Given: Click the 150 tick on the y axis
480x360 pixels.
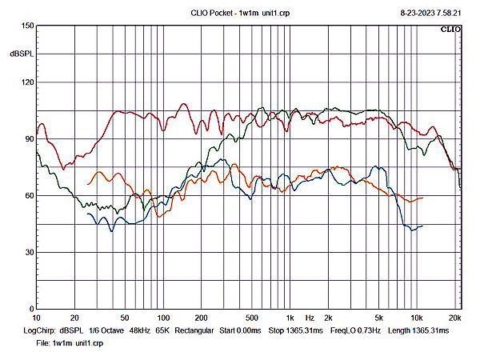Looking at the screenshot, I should [x=27, y=26].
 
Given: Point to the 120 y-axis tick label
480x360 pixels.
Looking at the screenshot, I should [x=27, y=82].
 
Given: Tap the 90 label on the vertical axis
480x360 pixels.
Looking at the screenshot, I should [x=29, y=139].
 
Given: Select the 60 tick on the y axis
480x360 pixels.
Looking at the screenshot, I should [x=29, y=196].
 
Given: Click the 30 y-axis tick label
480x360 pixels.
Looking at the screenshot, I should [x=29, y=253].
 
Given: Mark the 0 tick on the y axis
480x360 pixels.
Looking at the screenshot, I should [x=31, y=309].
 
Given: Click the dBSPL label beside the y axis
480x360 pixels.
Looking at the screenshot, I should [x=22, y=54].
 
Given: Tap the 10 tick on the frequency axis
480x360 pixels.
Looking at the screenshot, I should [x=37, y=318].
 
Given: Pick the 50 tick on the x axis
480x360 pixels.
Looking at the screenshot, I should [x=125, y=318].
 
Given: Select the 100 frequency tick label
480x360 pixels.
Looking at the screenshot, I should [x=163, y=318].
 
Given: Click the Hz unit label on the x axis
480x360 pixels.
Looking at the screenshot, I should [x=310, y=318].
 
